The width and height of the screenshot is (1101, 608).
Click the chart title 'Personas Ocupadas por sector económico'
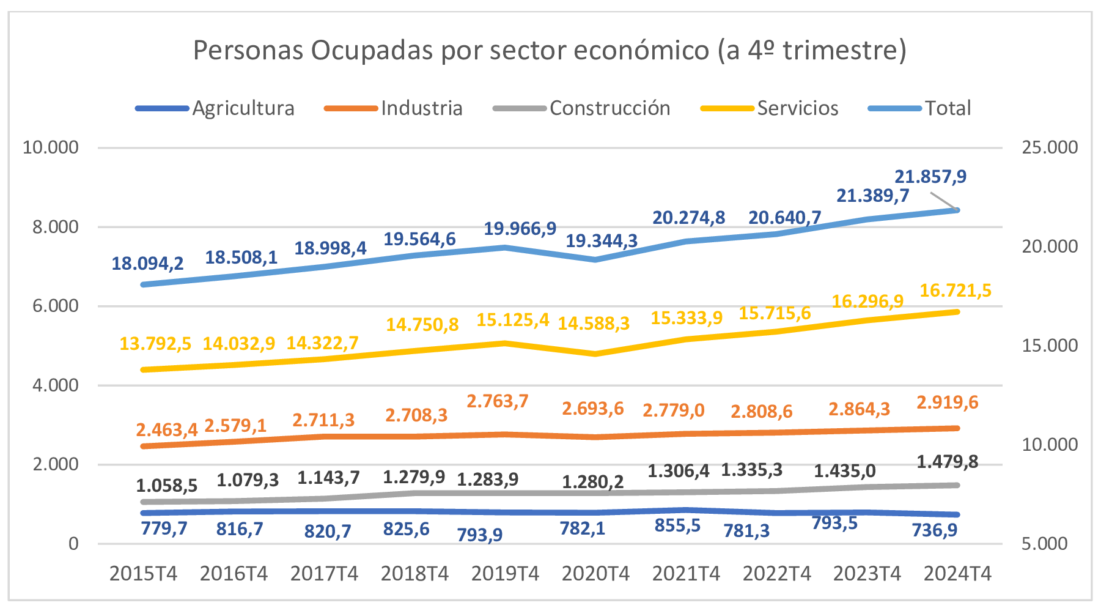549,50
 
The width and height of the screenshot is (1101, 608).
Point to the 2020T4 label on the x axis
595,574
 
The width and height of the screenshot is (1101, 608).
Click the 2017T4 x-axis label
324,574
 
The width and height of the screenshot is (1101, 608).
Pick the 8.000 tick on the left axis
56,227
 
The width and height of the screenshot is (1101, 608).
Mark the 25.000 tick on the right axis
1049,147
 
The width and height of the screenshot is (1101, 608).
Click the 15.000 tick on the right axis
1049,346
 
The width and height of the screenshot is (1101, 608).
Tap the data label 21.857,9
930,177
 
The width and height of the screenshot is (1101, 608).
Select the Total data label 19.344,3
602,241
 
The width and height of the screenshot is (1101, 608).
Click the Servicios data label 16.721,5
956,291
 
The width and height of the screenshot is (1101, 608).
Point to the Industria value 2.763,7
498,401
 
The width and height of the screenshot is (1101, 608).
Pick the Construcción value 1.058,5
166,486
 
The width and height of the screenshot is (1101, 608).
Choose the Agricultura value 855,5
677,525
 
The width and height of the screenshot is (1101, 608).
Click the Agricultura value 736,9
935,530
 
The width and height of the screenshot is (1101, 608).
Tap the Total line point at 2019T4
505,248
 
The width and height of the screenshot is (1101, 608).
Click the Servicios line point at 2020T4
595,354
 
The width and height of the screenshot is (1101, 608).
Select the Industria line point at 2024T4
957,428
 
